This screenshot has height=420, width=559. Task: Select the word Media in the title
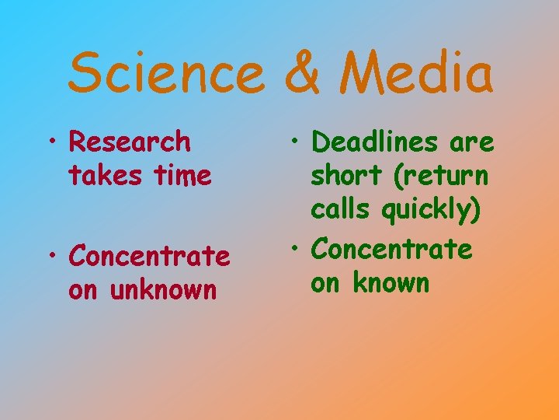point(420,72)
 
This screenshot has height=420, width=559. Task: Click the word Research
point(130,142)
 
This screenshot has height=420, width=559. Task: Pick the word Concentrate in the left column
point(149,256)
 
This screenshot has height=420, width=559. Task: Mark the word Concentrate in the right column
point(391,250)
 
